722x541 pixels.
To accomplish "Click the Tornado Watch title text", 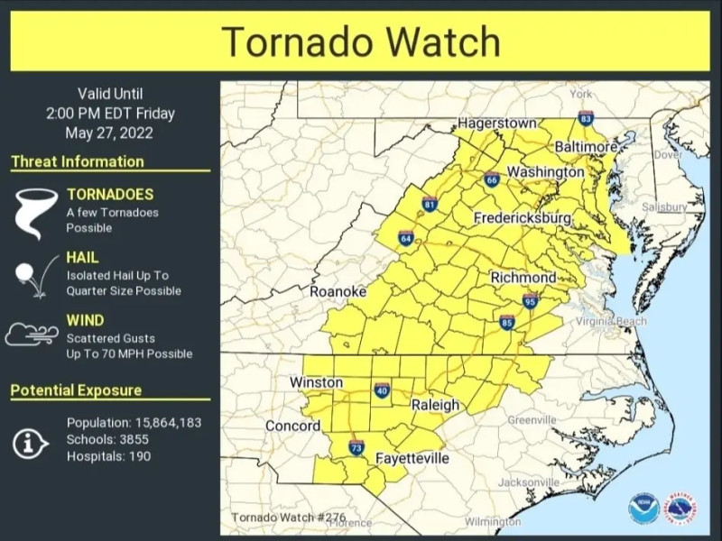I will point(360,41).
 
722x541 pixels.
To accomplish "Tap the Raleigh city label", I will point(435,406).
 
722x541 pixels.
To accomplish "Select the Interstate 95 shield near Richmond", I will point(530,301).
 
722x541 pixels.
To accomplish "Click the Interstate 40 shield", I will point(382,390).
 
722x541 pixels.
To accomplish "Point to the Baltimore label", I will point(586,146).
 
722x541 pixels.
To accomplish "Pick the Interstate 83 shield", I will point(586,118).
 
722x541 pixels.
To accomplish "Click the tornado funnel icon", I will point(30,213).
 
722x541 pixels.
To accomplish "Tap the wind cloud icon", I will point(32,335).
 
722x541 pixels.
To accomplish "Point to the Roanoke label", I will point(338,291).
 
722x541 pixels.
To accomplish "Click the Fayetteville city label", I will point(412,458).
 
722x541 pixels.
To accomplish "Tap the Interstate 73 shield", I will point(356,447).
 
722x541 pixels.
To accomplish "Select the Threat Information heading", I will point(78,162).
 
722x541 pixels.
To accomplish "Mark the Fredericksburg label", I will point(523,218).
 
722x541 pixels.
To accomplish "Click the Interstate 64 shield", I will point(406,238).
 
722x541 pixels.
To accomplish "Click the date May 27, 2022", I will point(109,133).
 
